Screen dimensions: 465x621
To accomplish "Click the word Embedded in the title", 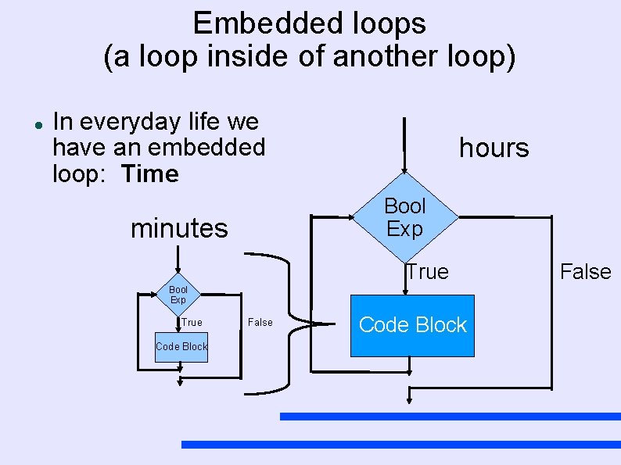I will click(x=249, y=23).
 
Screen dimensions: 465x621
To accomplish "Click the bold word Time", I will click(x=150, y=173).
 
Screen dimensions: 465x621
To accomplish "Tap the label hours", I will click(x=494, y=148).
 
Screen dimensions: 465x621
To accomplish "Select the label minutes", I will click(x=179, y=229).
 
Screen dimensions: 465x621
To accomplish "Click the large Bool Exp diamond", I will click(x=404, y=217).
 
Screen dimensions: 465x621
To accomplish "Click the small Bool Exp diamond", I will click(x=178, y=295).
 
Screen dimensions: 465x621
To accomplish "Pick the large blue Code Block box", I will click(x=412, y=325).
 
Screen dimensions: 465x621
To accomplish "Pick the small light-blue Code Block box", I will click(x=181, y=346).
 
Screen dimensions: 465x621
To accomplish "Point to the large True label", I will click(x=427, y=272).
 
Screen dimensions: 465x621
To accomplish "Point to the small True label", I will click(x=192, y=322).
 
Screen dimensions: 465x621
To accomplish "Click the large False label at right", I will click(x=585, y=272).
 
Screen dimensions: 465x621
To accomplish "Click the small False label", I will click(x=260, y=322).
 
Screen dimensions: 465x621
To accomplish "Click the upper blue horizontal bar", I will click(x=450, y=417).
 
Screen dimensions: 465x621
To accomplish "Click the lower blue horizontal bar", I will click(x=400, y=445).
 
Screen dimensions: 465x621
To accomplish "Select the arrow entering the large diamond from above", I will click(x=404, y=145).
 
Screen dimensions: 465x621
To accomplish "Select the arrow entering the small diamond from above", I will click(x=178, y=262).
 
